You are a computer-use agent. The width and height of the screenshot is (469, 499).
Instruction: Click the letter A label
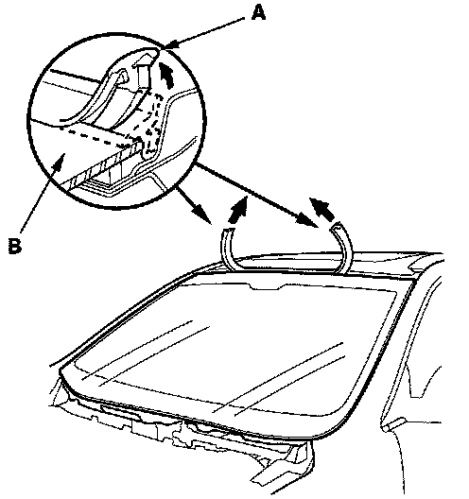point(258,13)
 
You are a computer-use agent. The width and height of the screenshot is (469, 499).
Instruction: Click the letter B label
point(14,246)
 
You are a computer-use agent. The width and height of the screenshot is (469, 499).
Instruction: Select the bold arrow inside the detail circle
point(166,75)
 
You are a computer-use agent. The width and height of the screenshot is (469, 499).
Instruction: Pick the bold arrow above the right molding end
point(321,209)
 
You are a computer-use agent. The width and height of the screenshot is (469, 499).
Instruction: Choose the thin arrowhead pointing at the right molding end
point(307,221)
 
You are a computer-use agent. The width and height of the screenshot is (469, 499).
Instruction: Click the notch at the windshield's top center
point(266,286)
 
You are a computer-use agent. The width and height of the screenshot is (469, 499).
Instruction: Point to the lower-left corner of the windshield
point(61,372)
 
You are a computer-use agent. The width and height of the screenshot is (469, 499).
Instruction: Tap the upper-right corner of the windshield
point(414,280)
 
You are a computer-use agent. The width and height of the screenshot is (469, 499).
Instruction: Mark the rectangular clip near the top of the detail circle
point(143,73)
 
